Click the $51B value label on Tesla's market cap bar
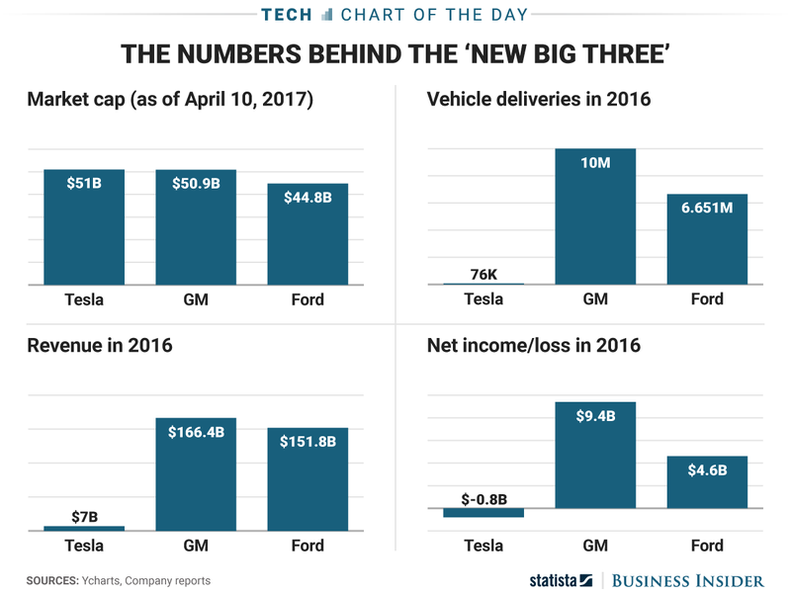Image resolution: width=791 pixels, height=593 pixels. click(x=84, y=183)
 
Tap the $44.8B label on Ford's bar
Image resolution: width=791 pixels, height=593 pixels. click(x=308, y=197)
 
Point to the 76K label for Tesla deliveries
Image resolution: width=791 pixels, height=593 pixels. click(x=483, y=274)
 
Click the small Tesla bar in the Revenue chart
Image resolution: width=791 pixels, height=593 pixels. click(x=84, y=529)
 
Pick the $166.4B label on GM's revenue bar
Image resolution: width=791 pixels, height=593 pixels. click(x=196, y=432)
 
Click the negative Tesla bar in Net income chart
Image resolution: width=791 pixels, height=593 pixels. click(x=483, y=513)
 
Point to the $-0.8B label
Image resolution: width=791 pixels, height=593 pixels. click(x=483, y=498)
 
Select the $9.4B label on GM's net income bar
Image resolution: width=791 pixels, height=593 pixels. click(x=595, y=416)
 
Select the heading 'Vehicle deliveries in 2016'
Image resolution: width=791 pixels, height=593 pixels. click(x=538, y=99)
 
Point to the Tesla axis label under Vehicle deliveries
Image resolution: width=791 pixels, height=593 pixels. click(x=483, y=299)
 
